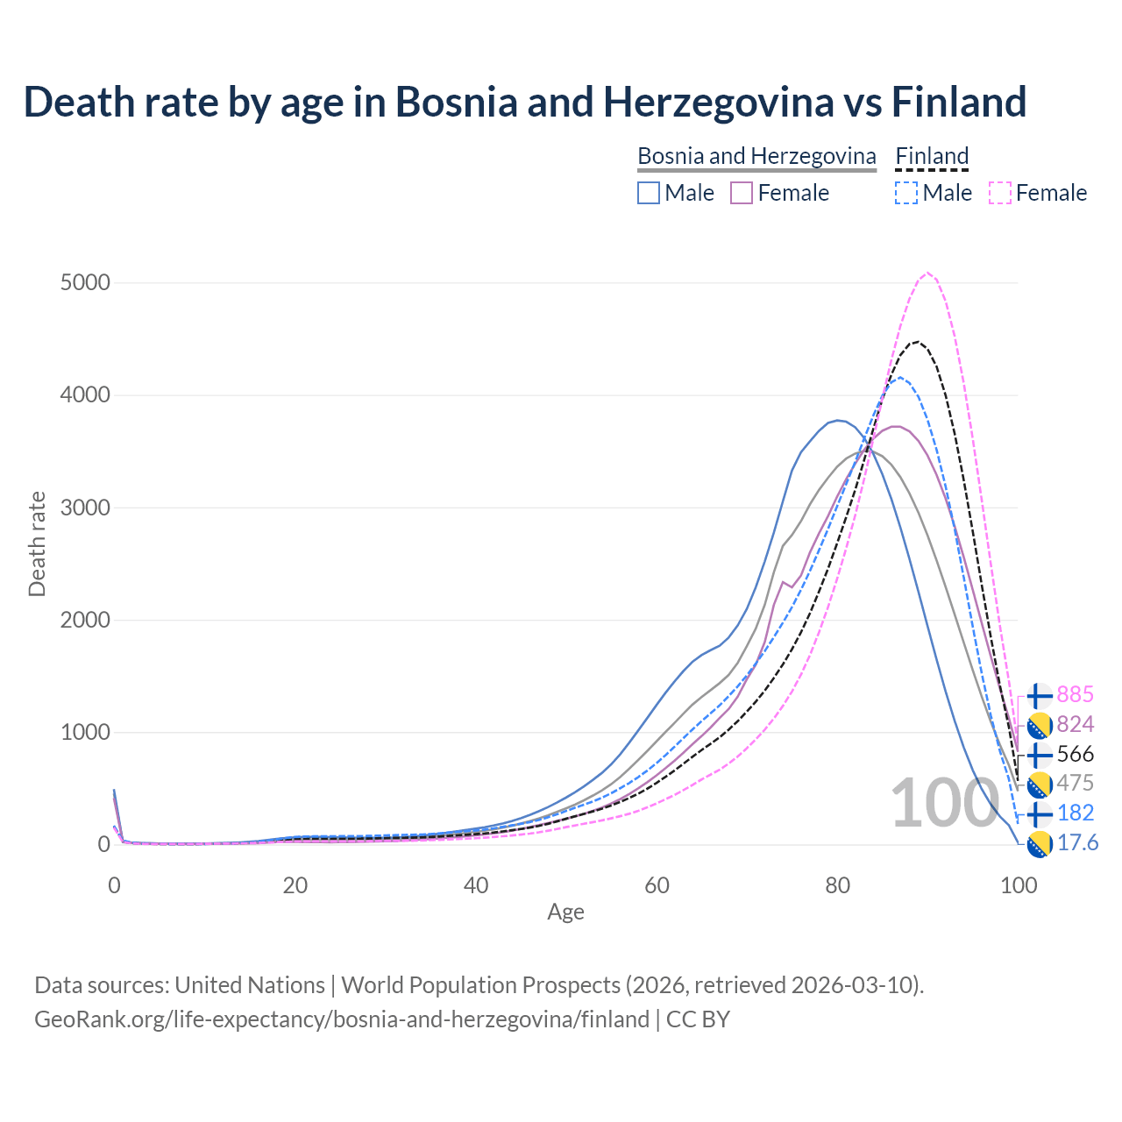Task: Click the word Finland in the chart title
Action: coord(959,102)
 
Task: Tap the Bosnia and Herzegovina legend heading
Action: coord(756,156)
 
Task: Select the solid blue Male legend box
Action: coord(649,193)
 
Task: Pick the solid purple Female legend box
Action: coord(742,193)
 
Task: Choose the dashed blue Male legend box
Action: coord(906,193)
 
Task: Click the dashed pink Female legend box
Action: coord(1000,193)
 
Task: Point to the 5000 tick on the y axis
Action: coord(85,283)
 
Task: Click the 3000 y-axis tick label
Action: coord(85,508)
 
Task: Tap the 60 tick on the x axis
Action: coord(657,885)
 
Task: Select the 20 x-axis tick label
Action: coord(295,885)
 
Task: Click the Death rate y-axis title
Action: coord(37,544)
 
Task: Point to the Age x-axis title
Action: coord(565,913)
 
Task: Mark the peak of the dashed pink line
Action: coord(927,273)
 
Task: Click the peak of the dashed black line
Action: coord(916,342)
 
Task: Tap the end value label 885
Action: coord(1075,695)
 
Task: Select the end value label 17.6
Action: coord(1077,843)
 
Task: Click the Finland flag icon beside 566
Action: coord(1039,755)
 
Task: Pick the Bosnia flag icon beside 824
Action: coord(1039,725)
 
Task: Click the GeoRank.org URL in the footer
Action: coord(342,1019)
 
